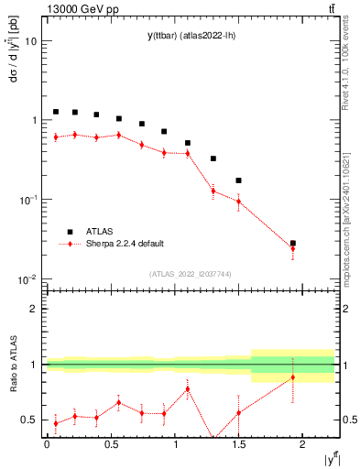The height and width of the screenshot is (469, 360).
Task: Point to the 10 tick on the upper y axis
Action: pos(31,41)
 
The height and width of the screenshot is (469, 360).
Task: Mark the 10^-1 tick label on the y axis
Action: pos(27,200)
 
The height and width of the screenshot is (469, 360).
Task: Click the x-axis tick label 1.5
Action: pos(238,443)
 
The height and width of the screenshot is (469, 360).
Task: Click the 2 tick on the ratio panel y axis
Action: pos(33,309)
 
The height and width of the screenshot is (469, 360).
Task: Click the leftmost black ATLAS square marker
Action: pos(56,112)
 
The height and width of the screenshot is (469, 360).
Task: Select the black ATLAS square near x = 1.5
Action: pos(239,180)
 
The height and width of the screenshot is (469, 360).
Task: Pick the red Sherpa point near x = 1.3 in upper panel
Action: pos(213,191)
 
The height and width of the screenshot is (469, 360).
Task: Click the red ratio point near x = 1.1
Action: pos(187,388)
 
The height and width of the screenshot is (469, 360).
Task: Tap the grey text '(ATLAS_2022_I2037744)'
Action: pos(191,273)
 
